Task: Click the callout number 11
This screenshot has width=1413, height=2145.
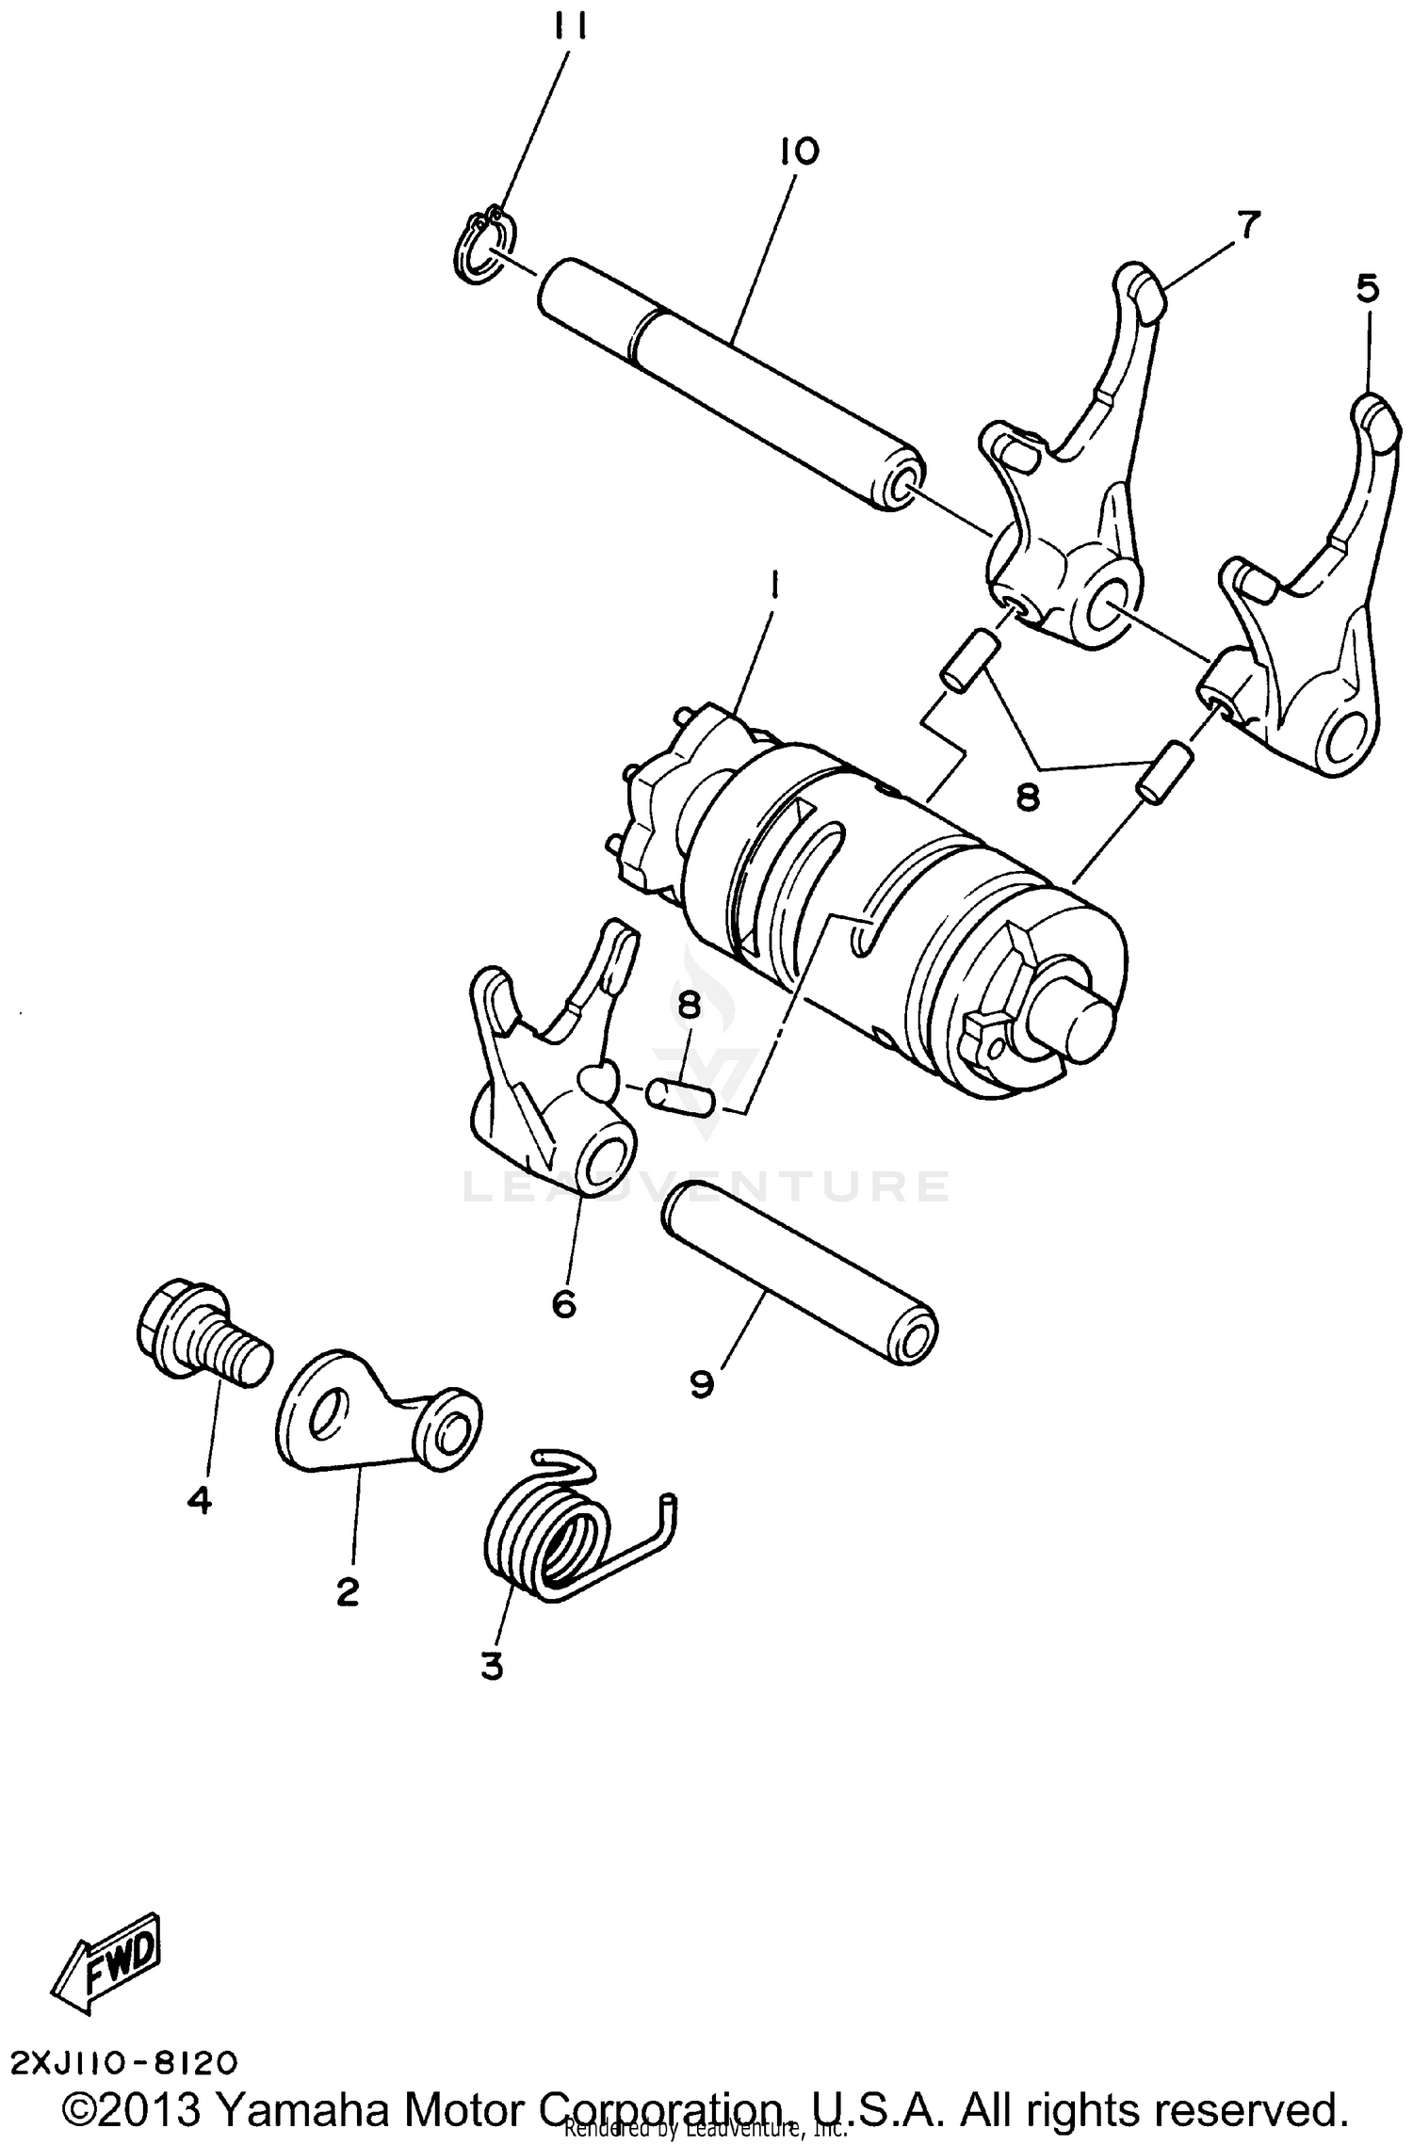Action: click(x=570, y=31)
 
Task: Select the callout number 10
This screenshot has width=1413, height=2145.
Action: click(x=800, y=152)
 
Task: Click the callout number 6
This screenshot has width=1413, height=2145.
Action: click(x=563, y=1304)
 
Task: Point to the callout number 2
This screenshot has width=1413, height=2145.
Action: click(x=348, y=1592)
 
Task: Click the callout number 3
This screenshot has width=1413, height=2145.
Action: click(x=492, y=1667)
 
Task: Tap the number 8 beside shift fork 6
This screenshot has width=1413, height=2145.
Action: click(x=689, y=1006)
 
